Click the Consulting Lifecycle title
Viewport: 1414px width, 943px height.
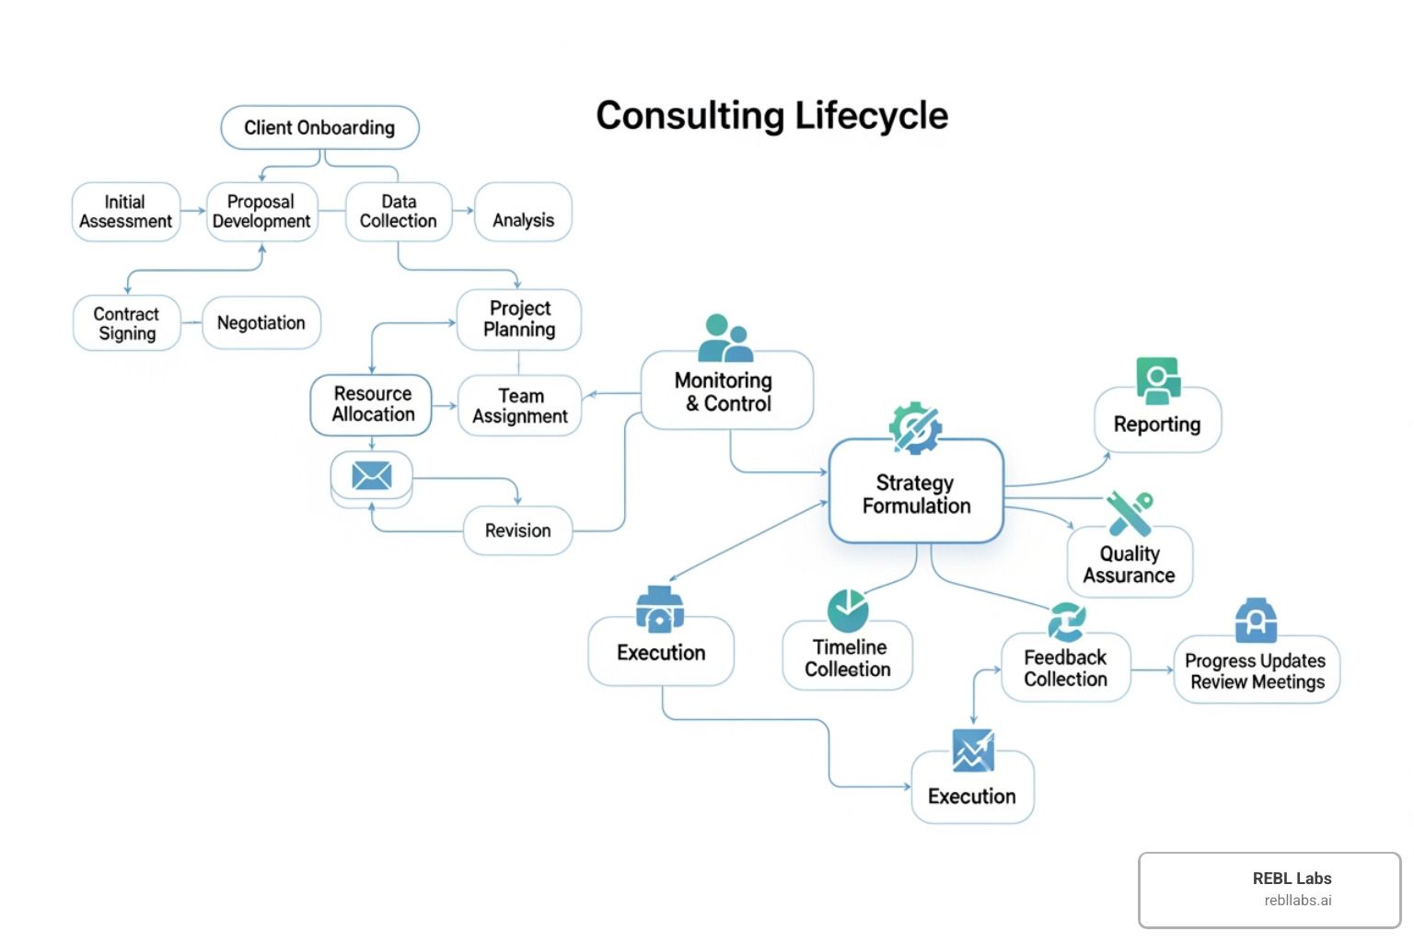(771, 116)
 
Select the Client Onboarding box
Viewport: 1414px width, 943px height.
(319, 128)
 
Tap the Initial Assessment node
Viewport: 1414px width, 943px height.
(126, 212)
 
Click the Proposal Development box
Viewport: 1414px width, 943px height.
(261, 212)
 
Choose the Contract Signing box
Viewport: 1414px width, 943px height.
(127, 323)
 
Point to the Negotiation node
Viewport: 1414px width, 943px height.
(261, 323)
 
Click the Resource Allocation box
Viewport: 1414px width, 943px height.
(372, 404)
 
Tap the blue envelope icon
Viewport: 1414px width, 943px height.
(372, 475)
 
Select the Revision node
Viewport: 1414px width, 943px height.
(517, 530)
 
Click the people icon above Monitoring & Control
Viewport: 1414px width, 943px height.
(724, 338)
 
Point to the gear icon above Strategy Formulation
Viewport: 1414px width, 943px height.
(914, 427)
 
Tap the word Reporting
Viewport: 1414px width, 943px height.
(1157, 425)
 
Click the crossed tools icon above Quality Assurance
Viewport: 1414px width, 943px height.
(1130, 512)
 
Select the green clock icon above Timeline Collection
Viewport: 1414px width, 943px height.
(848, 610)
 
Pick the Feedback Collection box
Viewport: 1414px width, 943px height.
(1065, 668)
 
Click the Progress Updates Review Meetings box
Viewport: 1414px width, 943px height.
(1257, 670)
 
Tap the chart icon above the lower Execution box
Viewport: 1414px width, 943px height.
(973, 750)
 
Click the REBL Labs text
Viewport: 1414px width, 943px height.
(1292, 879)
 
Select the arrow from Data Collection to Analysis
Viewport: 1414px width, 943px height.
(463, 211)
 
